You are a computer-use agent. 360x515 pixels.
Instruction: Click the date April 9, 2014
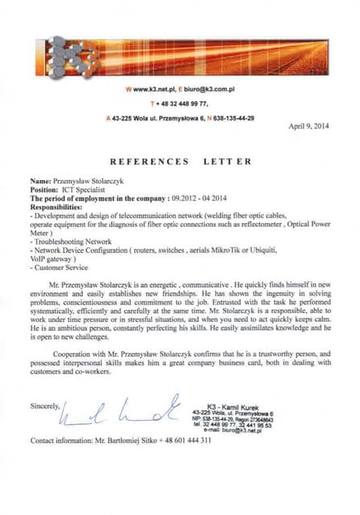(308, 126)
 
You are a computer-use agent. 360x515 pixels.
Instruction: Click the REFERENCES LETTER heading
(180, 161)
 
